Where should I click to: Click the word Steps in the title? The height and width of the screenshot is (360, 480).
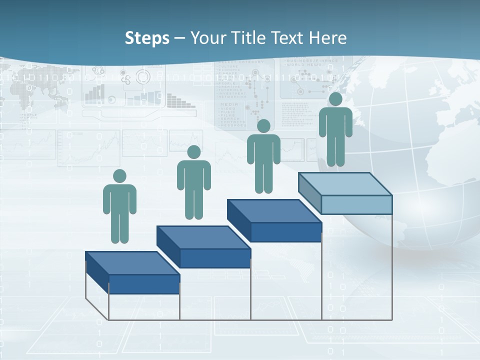(x=147, y=38)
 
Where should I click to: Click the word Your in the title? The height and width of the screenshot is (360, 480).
(x=208, y=38)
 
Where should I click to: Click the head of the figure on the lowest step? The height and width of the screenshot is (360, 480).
(x=119, y=176)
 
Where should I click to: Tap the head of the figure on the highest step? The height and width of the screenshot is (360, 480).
(x=335, y=99)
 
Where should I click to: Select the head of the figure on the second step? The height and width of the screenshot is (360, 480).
(x=193, y=152)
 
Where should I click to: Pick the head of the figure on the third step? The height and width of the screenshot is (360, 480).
(x=263, y=126)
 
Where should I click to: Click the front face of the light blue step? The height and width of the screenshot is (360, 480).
(x=356, y=204)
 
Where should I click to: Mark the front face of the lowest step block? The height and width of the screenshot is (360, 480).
(x=144, y=284)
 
